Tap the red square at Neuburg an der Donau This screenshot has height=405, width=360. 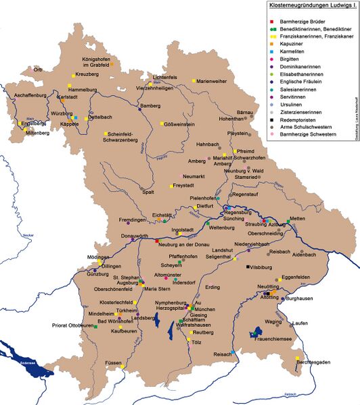coord(157,241)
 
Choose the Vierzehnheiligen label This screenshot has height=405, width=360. coord(160,87)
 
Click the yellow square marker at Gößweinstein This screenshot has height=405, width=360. coord(162,124)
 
